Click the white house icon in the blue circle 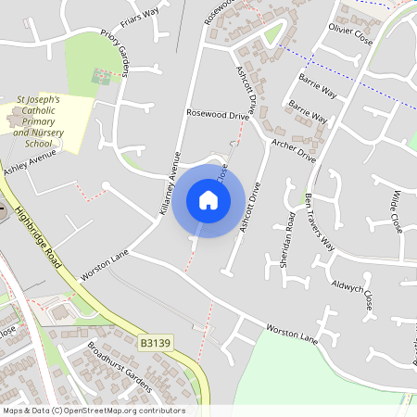point(208,200)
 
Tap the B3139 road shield point(156,343)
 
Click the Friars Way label point(140,18)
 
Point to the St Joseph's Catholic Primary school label point(38,120)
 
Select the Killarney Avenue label point(167,183)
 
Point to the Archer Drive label point(295,150)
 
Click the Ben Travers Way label point(320,221)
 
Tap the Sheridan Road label point(287,239)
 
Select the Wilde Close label point(396,210)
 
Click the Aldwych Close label point(355,292)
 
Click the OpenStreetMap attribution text point(93,411)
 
